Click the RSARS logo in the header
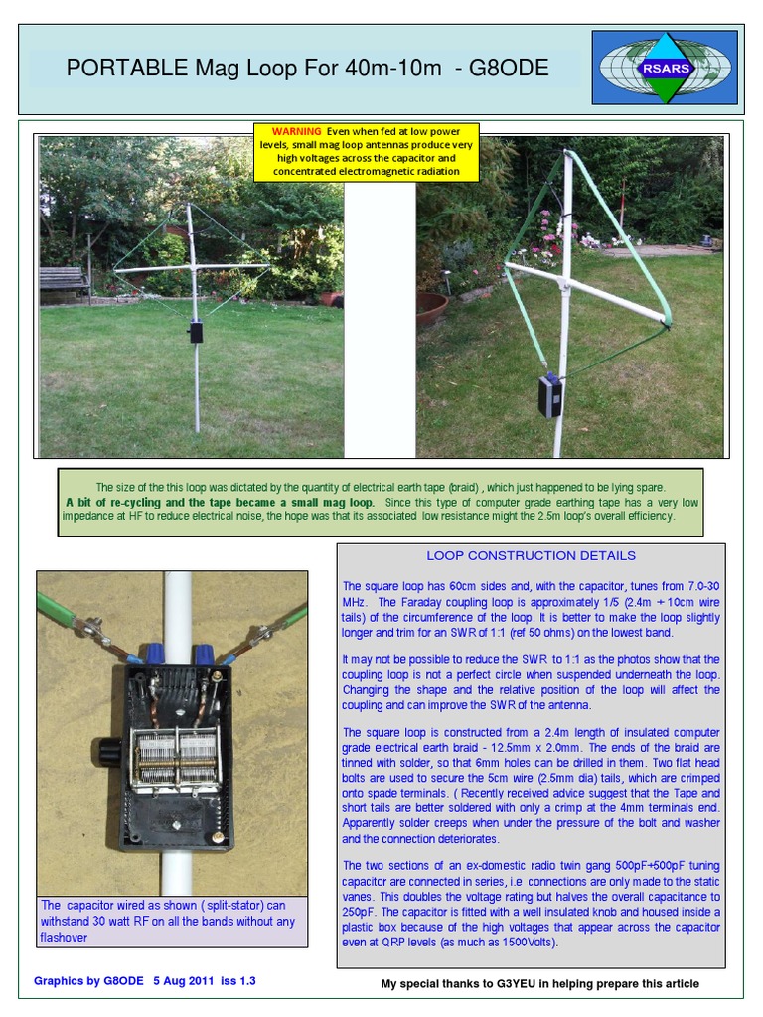click(x=665, y=67)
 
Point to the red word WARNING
click(x=297, y=131)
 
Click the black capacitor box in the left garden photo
click(x=196, y=332)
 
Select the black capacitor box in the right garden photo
click(x=549, y=395)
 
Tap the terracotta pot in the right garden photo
click(x=431, y=309)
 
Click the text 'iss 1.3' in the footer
click(x=240, y=981)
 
